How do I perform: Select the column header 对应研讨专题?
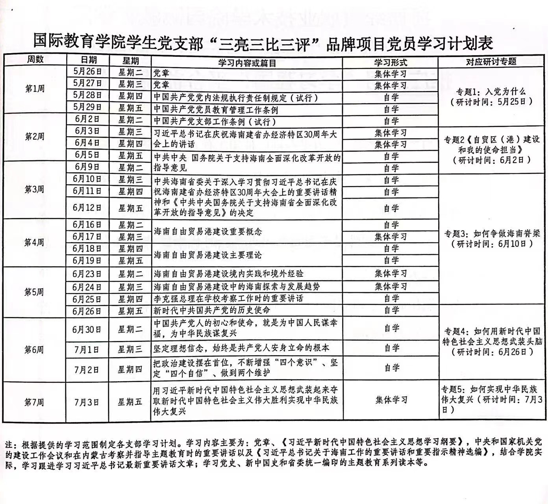click(x=491, y=61)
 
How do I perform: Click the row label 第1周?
click(x=35, y=89)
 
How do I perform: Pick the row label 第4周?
click(x=34, y=242)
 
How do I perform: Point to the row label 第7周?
click(x=34, y=402)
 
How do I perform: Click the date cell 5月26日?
click(x=87, y=72)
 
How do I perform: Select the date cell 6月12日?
click(x=87, y=208)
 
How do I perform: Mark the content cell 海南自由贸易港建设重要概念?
click(x=207, y=232)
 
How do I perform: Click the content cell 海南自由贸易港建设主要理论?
click(x=207, y=255)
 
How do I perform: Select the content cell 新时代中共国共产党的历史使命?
click(x=212, y=310)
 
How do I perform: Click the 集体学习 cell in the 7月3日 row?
click(x=391, y=400)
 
